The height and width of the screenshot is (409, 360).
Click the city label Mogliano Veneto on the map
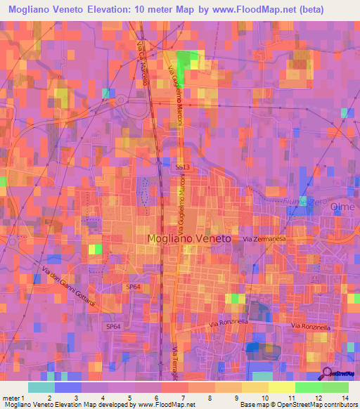[189, 239]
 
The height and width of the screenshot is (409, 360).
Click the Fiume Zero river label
[307, 202]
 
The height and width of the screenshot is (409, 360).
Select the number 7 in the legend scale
[182, 397]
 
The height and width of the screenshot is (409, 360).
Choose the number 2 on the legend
[49, 397]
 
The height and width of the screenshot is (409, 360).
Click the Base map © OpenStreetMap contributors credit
[300, 405]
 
